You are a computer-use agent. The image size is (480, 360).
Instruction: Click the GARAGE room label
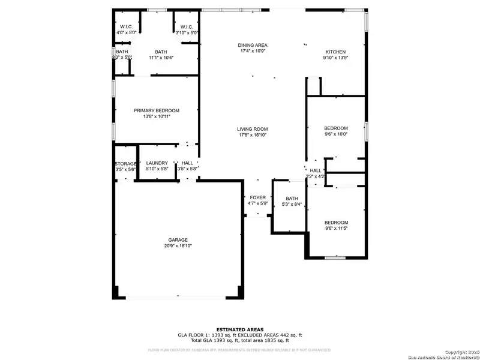(178, 240)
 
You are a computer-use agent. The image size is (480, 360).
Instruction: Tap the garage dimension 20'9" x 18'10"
(178, 246)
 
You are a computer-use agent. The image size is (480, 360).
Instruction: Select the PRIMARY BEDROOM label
(157, 110)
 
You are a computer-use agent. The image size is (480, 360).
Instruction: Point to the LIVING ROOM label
(252, 129)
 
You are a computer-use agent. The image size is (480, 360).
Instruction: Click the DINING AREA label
(253, 45)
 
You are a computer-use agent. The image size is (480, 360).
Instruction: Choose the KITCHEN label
(335, 52)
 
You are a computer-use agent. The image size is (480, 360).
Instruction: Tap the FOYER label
(258, 197)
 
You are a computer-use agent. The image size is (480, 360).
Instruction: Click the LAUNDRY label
(157, 163)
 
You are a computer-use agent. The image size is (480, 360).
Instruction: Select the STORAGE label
(126, 164)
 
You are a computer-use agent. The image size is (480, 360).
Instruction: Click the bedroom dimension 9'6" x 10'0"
(336, 135)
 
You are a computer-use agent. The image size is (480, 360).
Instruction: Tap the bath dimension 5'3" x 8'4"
(292, 205)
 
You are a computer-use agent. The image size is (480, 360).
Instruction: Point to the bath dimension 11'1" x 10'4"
(161, 58)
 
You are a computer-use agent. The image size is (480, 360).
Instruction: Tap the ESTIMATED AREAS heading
(240, 329)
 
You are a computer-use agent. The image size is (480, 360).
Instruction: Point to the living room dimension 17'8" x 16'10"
(252, 136)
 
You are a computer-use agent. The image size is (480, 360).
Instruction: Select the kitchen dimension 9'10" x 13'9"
(335, 58)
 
